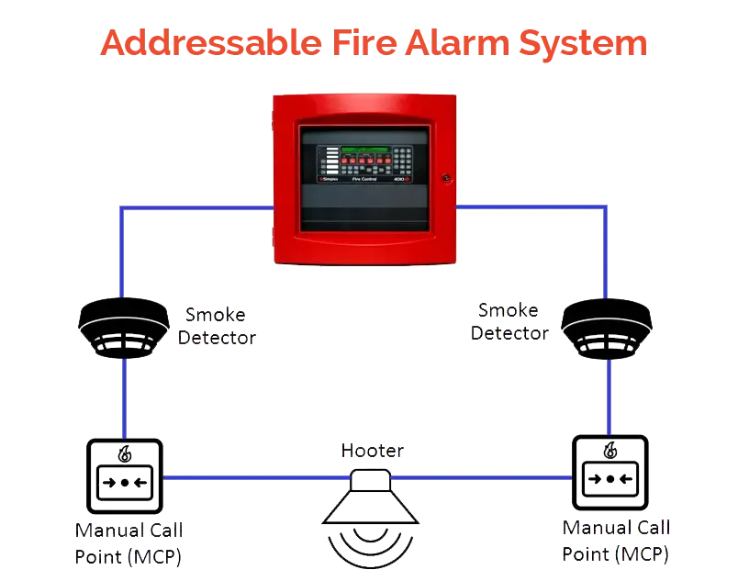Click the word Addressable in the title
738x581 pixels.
201,44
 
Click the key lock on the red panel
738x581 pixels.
446,176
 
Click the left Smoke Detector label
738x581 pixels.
216,326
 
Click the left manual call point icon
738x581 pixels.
124,476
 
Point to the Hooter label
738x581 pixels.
371,450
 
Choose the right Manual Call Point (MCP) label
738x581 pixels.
616,542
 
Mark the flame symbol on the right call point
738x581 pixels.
609,451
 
